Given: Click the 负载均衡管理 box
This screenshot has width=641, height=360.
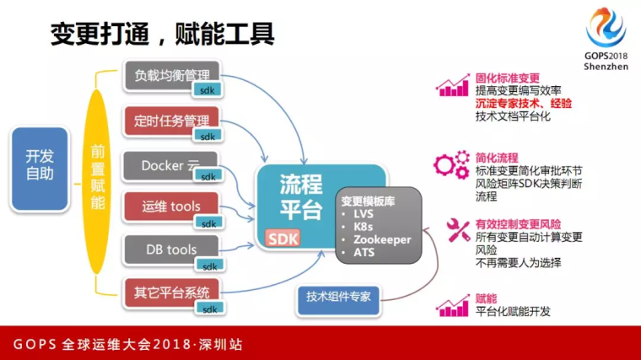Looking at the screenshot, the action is pos(171,75).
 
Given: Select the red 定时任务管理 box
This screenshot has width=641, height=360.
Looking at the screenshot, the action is pos(171,121).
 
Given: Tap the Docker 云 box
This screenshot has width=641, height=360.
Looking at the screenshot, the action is pos(170,165).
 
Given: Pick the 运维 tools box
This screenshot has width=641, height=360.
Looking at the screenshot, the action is pos(171,207).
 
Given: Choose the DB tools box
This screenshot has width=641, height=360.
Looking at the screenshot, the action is pos(171,250).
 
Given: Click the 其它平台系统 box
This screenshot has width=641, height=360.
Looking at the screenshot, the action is pos(171,293).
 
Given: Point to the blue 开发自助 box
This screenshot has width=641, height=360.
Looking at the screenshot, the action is pos(40,169).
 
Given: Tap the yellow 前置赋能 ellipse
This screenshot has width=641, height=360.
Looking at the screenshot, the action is pos(97,181).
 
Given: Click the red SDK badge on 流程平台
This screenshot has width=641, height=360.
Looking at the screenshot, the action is pos(283,239).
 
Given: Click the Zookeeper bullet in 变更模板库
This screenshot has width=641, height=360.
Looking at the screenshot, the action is pos(382,239).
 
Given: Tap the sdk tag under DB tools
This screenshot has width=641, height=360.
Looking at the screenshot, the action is pos(210,266).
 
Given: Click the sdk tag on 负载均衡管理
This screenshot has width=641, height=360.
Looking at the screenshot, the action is pos(207,90).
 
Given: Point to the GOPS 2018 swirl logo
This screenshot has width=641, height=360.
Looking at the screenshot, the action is pos(606,27).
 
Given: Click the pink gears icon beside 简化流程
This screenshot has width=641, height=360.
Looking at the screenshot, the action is pos(452,164).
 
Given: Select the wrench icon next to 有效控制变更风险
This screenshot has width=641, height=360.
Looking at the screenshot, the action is pos(458,230).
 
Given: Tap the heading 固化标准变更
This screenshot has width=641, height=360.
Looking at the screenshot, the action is pos(508,78).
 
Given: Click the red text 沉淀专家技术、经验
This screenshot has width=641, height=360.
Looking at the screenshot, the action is pos(524,104).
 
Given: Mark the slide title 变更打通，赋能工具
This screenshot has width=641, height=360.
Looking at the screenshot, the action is pos(162,33).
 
